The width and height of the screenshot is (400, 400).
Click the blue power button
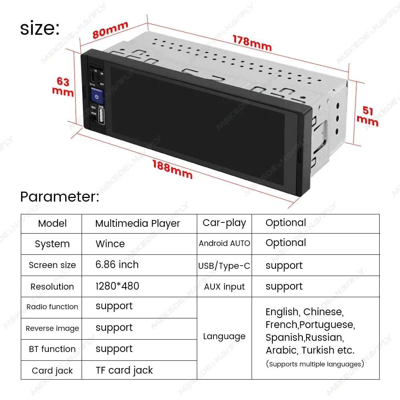point(97,96)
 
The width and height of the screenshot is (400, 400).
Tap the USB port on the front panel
point(101,116)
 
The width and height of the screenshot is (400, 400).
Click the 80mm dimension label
point(110,30)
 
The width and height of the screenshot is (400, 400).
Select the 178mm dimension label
point(252,43)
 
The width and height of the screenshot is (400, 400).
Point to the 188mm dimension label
point(172,169)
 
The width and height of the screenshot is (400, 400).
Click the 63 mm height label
point(63,87)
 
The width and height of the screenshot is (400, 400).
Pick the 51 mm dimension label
point(367,116)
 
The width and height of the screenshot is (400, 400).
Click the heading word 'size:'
point(40,28)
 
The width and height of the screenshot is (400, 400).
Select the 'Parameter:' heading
point(60,197)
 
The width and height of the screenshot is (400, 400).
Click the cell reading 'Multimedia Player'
point(138,224)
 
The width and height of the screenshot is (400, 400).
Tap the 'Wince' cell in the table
point(110,244)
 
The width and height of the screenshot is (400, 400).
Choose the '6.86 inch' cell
point(117,264)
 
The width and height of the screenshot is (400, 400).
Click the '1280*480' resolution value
point(117,286)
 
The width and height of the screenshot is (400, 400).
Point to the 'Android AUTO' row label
point(224,243)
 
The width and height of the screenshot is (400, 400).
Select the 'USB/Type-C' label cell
point(224,266)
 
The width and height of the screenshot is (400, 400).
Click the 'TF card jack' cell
point(124,370)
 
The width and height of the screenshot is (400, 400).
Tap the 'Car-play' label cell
point(224,223)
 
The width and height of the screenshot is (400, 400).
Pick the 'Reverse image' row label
point(52,328)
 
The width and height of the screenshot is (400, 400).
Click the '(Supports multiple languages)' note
point(315,364)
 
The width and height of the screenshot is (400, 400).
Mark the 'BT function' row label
point(52,349)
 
